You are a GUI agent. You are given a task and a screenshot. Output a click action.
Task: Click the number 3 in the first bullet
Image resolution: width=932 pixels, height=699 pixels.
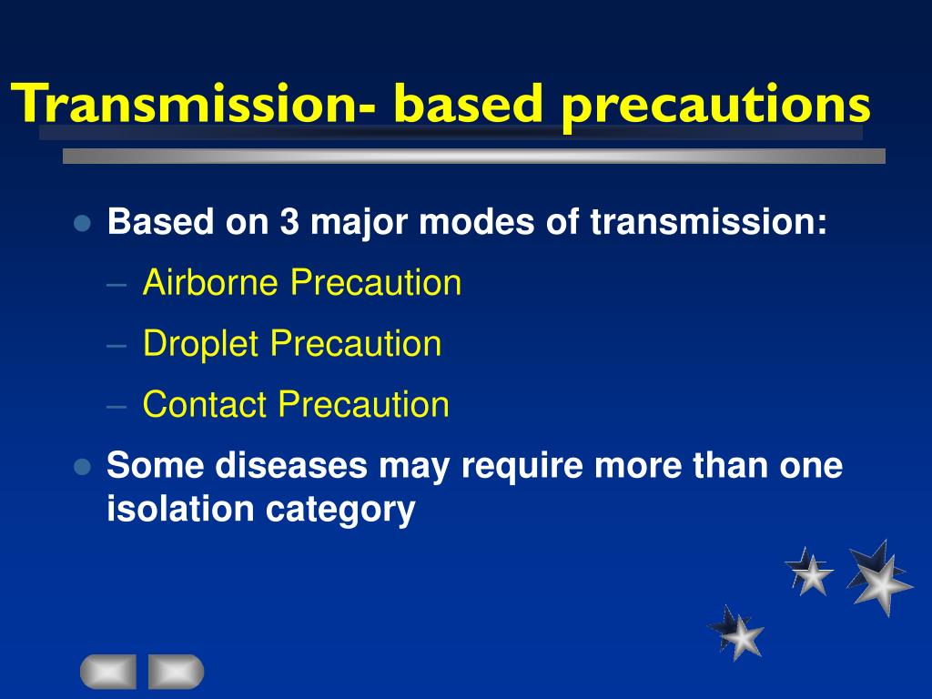pos(289,221)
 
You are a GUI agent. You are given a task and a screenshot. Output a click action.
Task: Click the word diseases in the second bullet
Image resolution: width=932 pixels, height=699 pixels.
pos(291,465)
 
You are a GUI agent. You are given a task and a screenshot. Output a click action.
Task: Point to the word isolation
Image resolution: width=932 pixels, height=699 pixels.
pos(181,509)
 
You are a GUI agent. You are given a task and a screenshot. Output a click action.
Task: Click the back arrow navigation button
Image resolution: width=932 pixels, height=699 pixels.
pos(108,672)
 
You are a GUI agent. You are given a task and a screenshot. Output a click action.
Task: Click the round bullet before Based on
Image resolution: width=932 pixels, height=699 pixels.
pos(82,224)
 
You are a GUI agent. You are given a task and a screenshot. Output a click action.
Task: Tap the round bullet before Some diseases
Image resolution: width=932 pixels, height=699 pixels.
pos(82,467)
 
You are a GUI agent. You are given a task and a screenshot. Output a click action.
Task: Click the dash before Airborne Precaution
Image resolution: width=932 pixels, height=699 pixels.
pos(116,285)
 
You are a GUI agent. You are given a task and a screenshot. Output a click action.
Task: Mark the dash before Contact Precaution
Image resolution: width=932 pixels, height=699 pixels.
pos(116,407)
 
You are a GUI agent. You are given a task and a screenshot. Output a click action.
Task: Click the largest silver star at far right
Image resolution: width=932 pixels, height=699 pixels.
pos(880,580)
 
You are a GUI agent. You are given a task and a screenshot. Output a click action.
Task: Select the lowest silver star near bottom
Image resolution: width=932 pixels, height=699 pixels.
pos(737,633)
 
